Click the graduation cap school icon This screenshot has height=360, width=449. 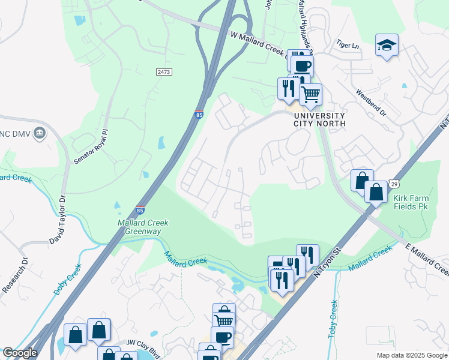pos(387,45)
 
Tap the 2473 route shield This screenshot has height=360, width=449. pos(164,72)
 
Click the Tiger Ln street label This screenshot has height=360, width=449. pos(348,45)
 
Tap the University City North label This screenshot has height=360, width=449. pos(319,119)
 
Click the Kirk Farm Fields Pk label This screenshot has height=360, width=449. pos(411,201)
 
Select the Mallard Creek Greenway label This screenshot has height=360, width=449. pos(143,227)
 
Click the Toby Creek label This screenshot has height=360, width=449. pos(334,318)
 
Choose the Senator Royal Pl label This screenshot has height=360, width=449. pos(89,146)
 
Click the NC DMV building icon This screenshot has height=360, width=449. pos(40,132)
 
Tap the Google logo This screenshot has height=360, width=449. pos(20,353)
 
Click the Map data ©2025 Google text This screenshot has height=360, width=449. pos(411,355)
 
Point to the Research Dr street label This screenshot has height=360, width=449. pos(13,275)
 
